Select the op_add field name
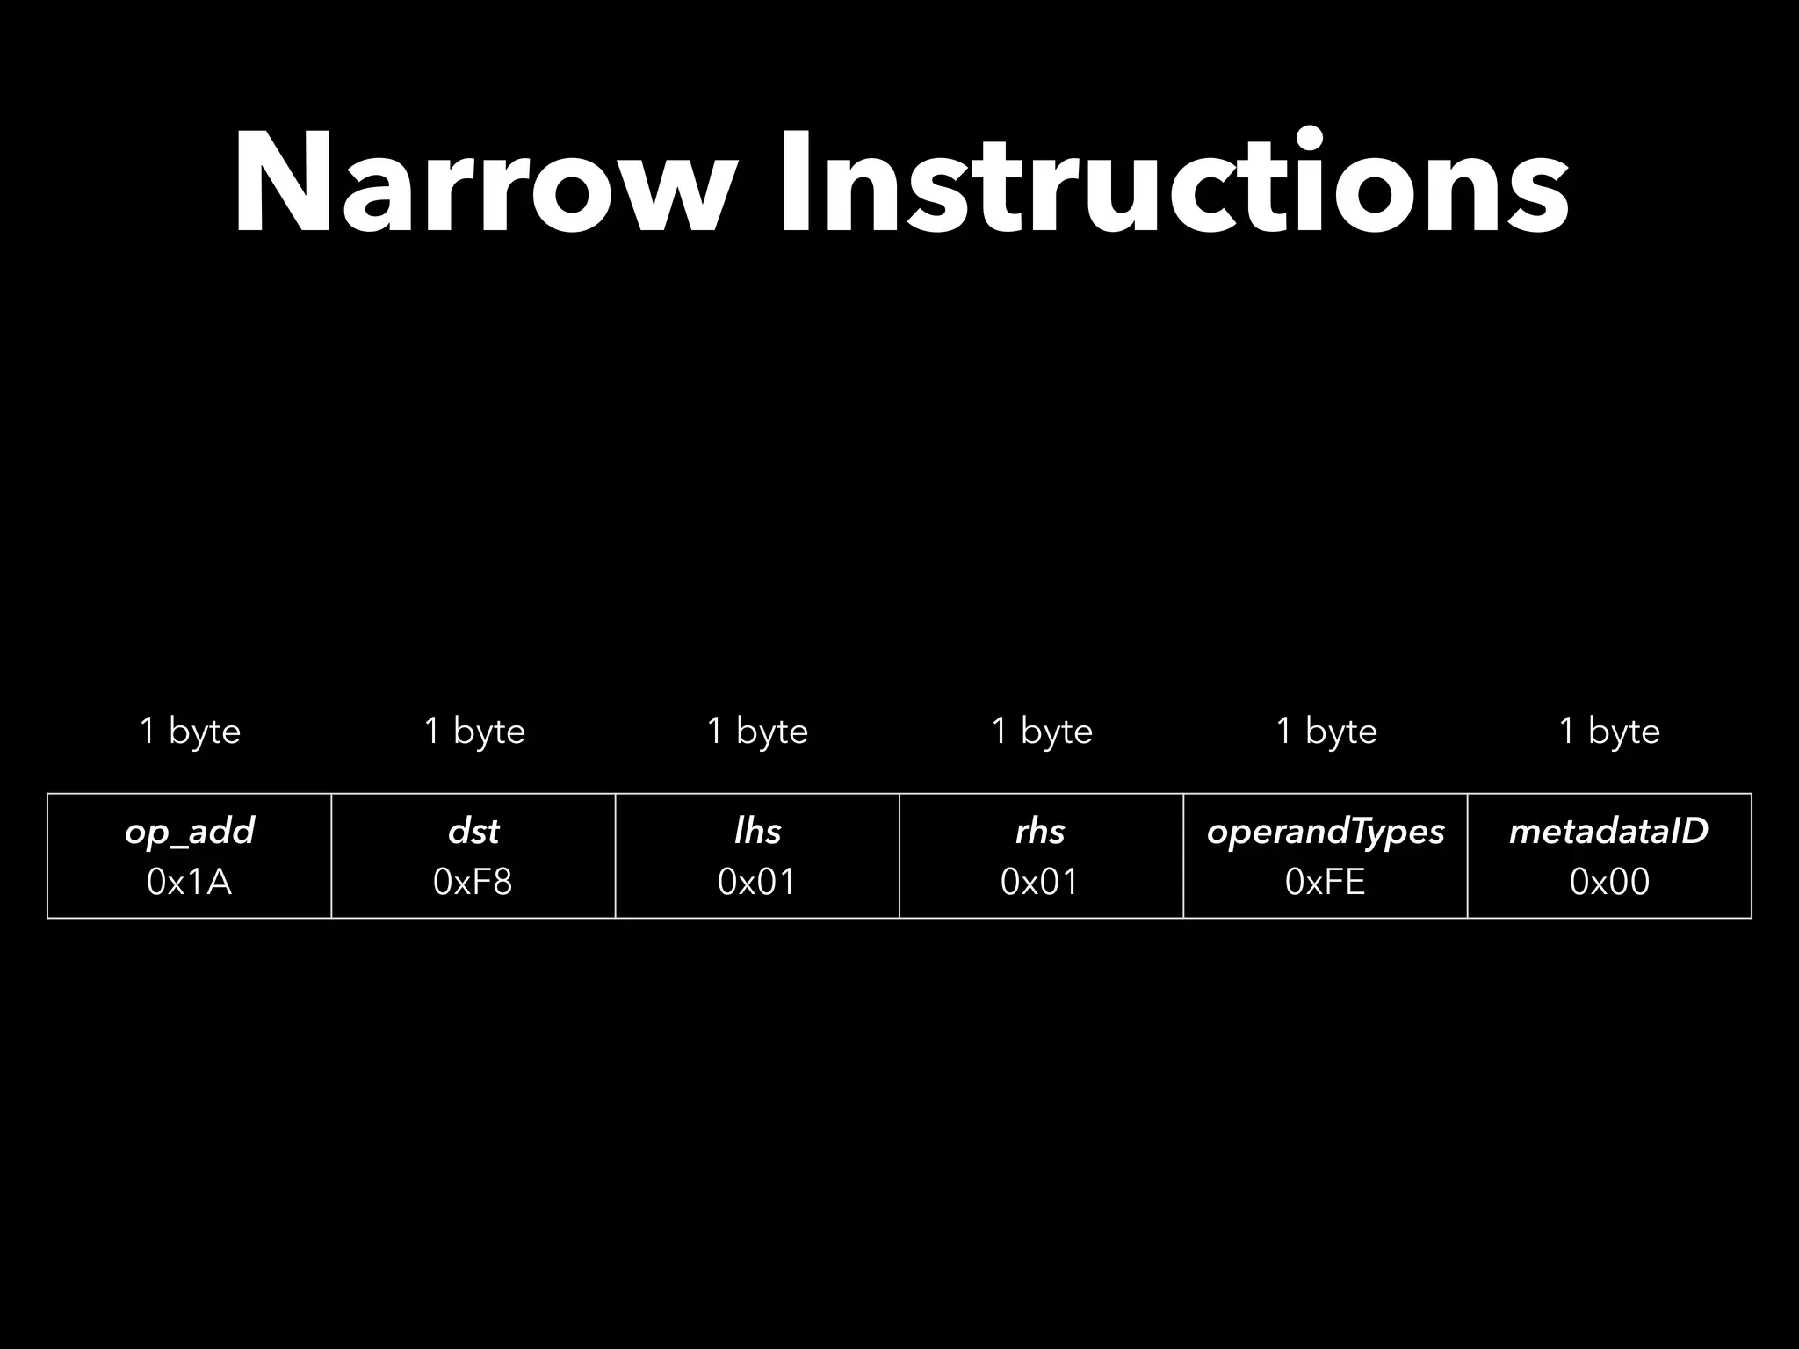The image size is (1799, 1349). (x=190, y=831)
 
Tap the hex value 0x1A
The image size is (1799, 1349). (x=190, y=882)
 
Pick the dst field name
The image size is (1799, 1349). (x=473, y=831)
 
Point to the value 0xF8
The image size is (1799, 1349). (x=473, y=882)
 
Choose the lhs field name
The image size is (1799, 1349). (x=757, y=831)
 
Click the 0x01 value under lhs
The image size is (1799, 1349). (x=757, y=882)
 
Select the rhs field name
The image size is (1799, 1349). (x=1041, y=831)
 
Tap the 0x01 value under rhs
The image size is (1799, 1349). (x=1041, y=882)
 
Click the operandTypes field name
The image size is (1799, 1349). (x=1326, y=832)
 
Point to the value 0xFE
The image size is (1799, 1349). (x=1326, y=882)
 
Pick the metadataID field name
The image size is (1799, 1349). (x=1609, y=831)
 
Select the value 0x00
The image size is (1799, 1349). (x=1609, y=882)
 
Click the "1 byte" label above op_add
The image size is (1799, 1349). (x=190, y=731)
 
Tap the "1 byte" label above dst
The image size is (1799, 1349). (x=474, y=731)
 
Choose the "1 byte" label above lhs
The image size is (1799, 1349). (x=757, y=731)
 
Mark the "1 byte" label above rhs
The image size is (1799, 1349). (x=1042, y=731)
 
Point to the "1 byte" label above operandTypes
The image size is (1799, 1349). (x=1326, y=731)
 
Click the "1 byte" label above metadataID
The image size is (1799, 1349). (x=1609, y=731)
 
